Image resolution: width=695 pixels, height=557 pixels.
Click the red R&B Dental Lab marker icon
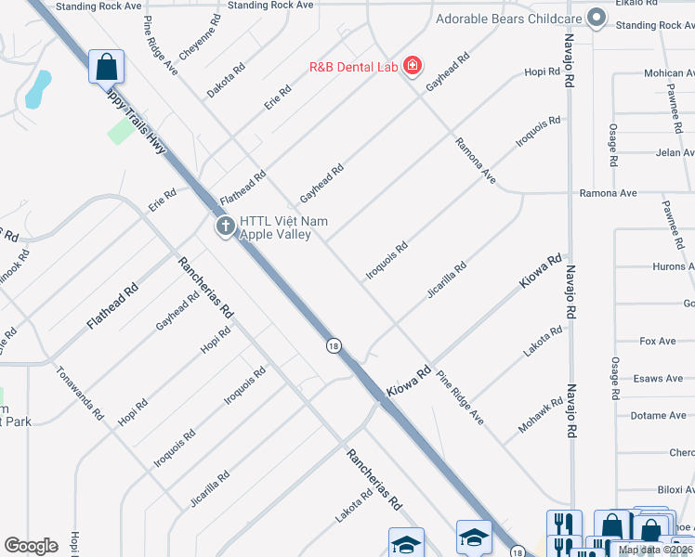(412, 67)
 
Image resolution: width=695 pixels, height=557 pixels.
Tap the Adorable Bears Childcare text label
(508, 19)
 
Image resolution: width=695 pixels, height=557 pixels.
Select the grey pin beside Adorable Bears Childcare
(597, 19)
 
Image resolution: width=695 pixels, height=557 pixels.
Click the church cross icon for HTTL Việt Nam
(225, 226)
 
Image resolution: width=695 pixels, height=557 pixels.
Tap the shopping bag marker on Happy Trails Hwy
(106, 66)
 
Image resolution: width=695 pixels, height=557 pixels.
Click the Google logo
(31, 545)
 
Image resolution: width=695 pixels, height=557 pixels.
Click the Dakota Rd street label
(227, 81)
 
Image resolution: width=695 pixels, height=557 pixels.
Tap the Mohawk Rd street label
(542, 414)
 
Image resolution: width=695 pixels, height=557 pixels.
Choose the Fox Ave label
(658, 342)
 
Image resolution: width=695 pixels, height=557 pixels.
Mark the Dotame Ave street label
(658, 415)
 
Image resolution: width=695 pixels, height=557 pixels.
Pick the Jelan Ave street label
(674, 152)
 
